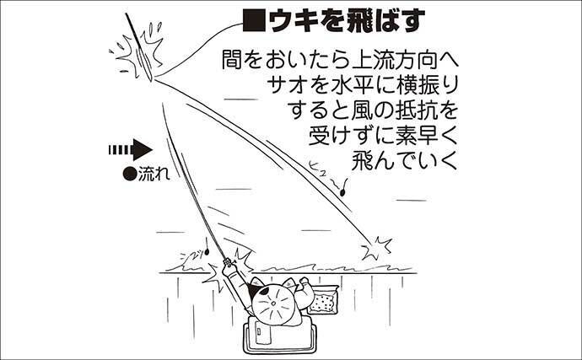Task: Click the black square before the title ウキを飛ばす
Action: pyautogui.click(x=252, y=19)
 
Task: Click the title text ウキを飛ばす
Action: pyautogui.click(x=332, y=19)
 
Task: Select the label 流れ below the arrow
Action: pyautogui.click(x=153, y=176)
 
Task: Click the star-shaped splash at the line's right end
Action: pyautogui.click(x=375, y=246)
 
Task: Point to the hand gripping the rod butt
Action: pyautogui.click(x=229, y=275)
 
